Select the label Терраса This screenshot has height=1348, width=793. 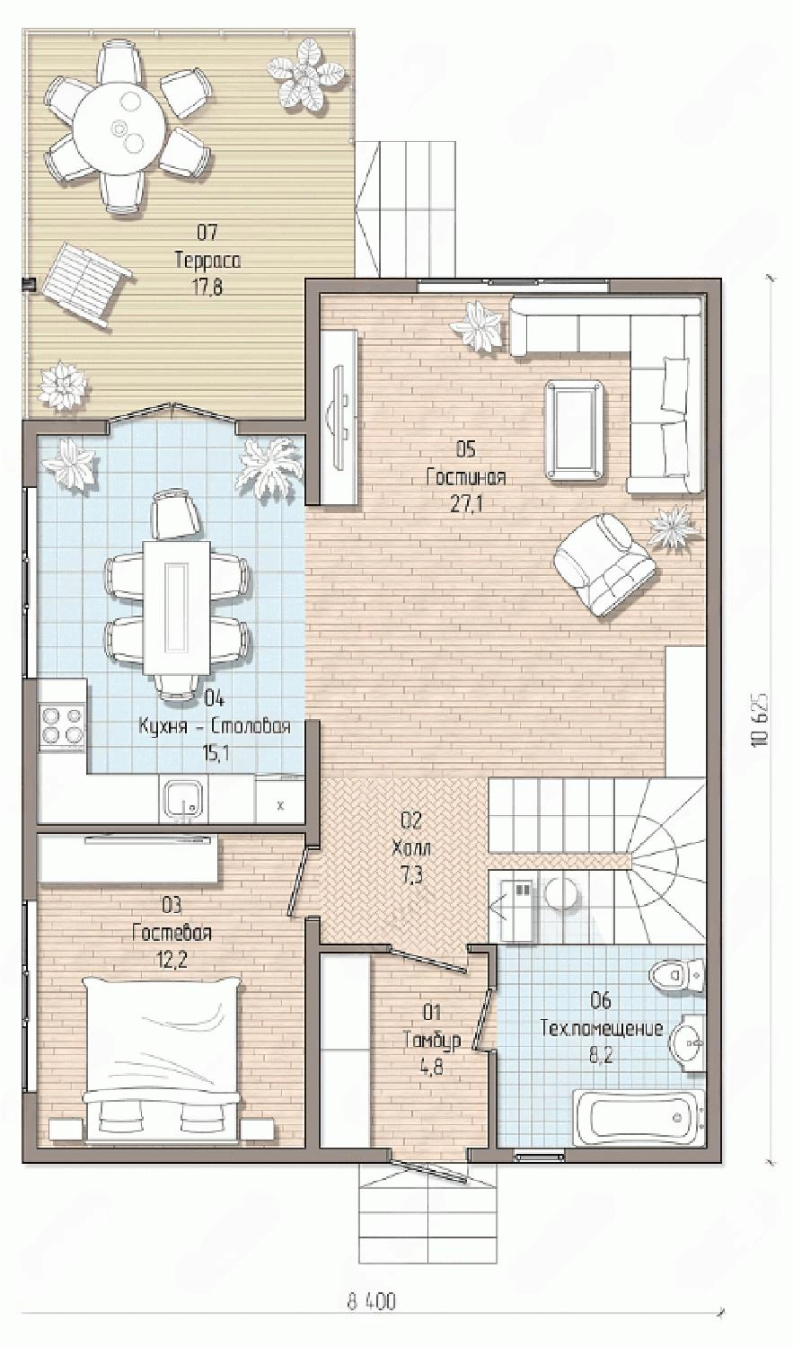(x=207, y=262)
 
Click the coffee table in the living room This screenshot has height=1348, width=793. (x=574, y=430)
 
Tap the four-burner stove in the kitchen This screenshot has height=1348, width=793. (x=61, y=727)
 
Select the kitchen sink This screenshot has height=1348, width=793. (x=183, y=798)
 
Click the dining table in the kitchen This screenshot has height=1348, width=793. (x=177, y=607)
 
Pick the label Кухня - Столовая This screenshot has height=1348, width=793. (x=215, y=726)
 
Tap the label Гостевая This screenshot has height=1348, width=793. (x=172, y=934)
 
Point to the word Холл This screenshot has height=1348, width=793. (x=412, y=849)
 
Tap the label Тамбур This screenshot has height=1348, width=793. (x=432, y=1042)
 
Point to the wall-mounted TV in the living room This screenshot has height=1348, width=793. (x=339, y=415)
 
